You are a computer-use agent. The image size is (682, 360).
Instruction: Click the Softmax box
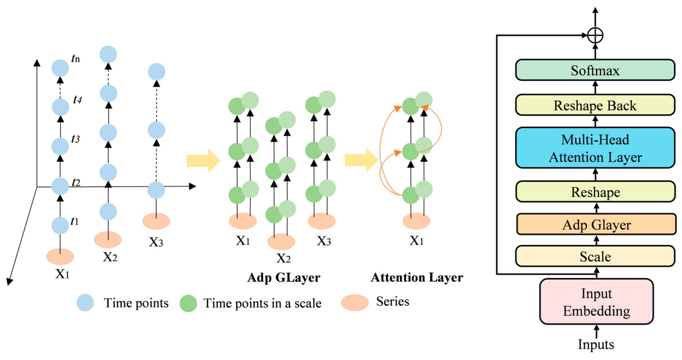coord(595,70)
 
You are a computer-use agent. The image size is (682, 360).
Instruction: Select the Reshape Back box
coord(595,105)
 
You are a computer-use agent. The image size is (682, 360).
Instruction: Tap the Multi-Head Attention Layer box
coord(595,148)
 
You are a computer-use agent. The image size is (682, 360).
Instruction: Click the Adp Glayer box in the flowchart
coord(596,224)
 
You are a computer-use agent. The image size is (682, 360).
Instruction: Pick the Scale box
coord(595,256)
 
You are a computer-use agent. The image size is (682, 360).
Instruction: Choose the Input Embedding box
coord(596,302)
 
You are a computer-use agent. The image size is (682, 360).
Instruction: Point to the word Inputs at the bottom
coord(596,344)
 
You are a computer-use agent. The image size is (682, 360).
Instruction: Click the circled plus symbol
coord(595,35)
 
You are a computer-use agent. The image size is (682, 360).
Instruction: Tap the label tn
coord(76,59)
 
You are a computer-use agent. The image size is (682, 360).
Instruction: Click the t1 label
coord(75,222)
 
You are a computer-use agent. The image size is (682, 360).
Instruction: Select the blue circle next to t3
coord(60,146)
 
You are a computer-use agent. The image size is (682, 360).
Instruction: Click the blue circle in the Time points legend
coord(85,303)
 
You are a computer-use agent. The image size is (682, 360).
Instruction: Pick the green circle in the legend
coord(188,303)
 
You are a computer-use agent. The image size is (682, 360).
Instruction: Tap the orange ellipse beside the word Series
coord(355,303)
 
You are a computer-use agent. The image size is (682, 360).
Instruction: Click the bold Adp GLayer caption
coord(283,278)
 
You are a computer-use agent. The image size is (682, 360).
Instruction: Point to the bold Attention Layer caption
coord(417,278)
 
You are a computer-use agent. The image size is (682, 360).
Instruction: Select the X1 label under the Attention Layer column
coord(416,241)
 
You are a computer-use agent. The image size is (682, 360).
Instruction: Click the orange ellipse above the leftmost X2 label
coord(107,240)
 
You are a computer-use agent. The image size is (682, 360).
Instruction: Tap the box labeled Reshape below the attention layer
coord(595,192)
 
